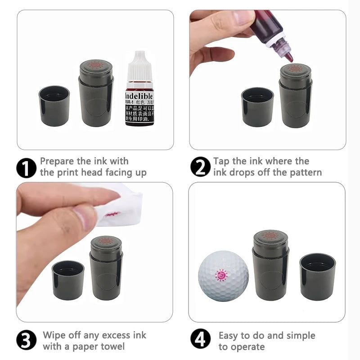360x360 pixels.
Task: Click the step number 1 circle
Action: [26, 167]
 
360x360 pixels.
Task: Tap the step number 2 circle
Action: [200, 167]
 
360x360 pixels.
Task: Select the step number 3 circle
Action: [26, 341]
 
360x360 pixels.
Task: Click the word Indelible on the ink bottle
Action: [139, 96]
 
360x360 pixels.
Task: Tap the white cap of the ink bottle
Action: [139, 67]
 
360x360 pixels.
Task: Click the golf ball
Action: [223, 276]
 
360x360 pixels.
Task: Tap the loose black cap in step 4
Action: [317, 276]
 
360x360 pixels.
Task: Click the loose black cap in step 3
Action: [68, 280]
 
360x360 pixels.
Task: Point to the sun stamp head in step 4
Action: [270, 235]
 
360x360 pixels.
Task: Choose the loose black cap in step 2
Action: [257, 107]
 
